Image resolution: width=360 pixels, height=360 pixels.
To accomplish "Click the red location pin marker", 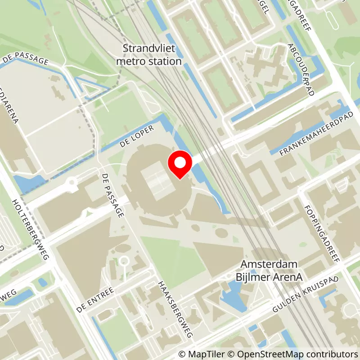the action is click(x=180, y=165).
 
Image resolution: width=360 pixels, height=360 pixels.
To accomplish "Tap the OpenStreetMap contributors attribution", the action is click(x=292, y=354).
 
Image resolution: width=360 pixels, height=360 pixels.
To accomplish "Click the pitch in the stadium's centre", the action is click(x=156, y=182).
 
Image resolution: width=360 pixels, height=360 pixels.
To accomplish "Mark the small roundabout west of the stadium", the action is click(x=71, y=183).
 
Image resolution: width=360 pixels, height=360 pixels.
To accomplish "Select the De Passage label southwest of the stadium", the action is click(x=112, y=196).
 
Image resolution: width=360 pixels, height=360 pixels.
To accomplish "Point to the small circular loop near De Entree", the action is click(x=124, y=261).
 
